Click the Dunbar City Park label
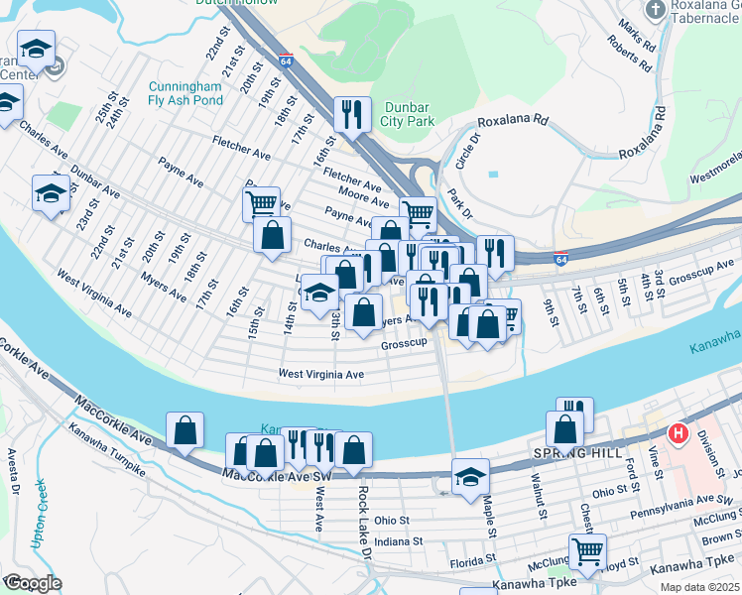click(x=407, y=113)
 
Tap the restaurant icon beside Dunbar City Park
click(x=352, y=116)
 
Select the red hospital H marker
click(x=679, y=433)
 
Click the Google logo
click(x=32, y=583)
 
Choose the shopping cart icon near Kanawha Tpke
click(x=587, y=552)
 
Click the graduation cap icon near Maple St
click(x=470, y=477)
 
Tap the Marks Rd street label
click(x=636, y=33)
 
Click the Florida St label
click(x=471, y=562)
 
